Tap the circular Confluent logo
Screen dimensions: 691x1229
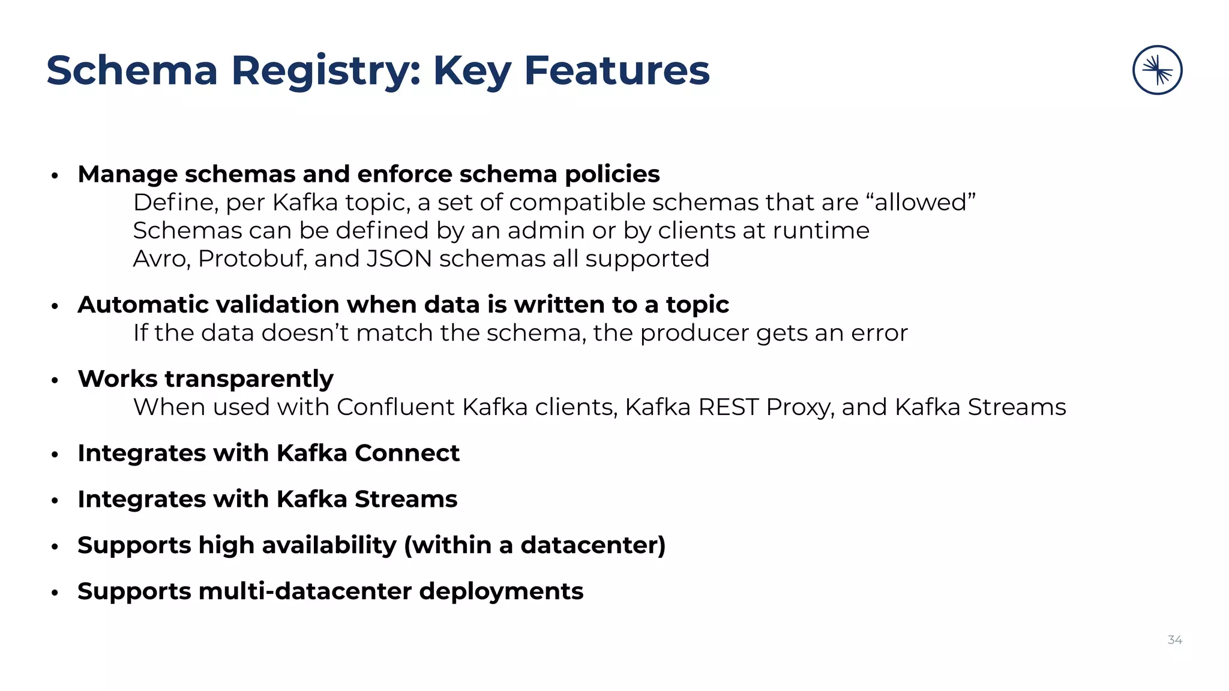[1157, 70]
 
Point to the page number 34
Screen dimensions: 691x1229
[1174, 640]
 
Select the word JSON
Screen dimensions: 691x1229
[399, 259]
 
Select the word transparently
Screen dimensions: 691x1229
[248, 379]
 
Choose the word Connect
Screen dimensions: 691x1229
[407, 453]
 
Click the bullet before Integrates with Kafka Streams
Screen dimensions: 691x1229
[55, 500]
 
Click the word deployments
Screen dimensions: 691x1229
[501, 592]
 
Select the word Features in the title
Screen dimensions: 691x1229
[616, 71]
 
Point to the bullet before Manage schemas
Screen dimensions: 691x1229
[55, 175]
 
